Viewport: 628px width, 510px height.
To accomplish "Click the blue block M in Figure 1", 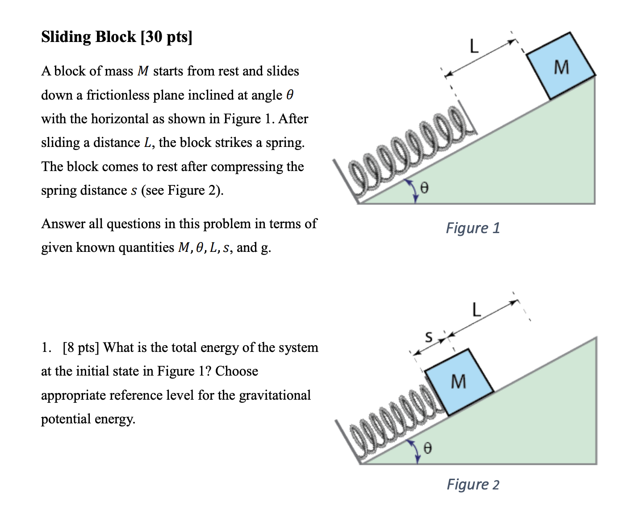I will pos(561,66).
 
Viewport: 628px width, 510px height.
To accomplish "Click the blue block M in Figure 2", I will pos(459,382).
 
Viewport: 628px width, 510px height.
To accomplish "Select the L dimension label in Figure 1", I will pos(473,46).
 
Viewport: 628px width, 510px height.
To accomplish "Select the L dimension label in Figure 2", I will pos(477,309).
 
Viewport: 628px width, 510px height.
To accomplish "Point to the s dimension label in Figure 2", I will pos(428,336).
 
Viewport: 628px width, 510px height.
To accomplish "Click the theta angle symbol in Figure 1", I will pos(424,188).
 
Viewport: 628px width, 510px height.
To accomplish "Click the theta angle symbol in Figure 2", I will pos(427,447).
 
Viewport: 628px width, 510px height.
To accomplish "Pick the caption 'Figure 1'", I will pos(473,228).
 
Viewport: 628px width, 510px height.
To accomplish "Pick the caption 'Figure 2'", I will pos(473,485).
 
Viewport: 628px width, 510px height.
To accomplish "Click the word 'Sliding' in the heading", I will pos(66,37).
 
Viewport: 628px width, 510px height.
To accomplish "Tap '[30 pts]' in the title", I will pos(166,37).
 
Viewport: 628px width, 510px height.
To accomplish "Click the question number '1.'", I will pos(46,347).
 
